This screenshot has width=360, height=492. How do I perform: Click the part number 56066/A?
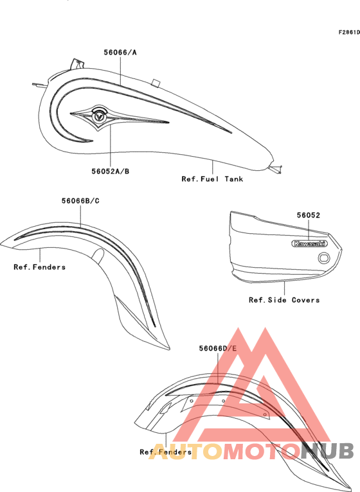(x=120, y=53)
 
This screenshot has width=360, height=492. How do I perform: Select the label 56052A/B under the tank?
(x=111, y=171)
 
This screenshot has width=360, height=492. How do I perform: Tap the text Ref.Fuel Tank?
(x=212, y=179)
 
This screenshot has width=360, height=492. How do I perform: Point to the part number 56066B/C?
(x=80, y=201)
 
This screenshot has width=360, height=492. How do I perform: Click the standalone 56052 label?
(x=309, y=215)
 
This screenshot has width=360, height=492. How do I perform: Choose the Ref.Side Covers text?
(x=284, y=300)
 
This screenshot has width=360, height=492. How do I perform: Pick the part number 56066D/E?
(x=218, y=348)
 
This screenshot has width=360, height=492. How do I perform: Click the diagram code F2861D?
(x=349, y=32)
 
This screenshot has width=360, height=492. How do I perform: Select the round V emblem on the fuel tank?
(x=99, y=117)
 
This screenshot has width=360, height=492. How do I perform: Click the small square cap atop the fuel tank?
(x=156, y=83)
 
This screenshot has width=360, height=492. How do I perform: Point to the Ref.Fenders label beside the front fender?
(x=40, y=267)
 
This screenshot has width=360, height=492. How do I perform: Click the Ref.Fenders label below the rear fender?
(x=166, y=452)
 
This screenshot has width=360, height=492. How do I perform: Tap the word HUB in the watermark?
(x=327, y=451)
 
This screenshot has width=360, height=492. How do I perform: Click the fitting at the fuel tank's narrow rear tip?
(x=275, y=169)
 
